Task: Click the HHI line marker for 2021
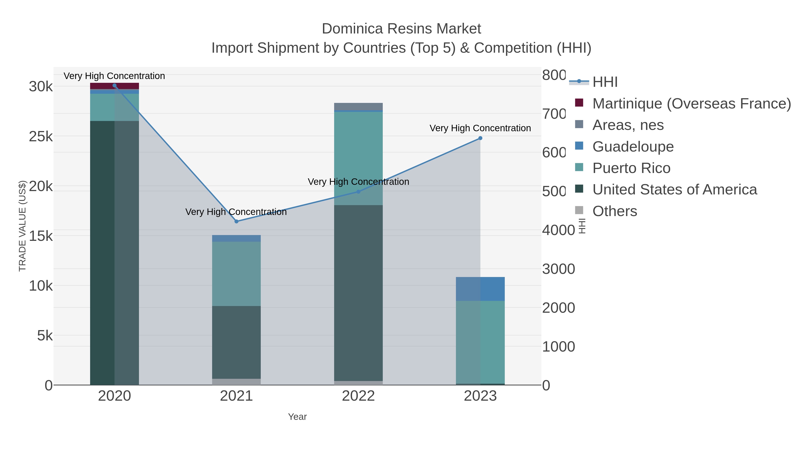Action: point(236,221)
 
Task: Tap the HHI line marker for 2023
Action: point(480,138)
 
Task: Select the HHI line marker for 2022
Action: point(358,192)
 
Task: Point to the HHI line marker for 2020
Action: point(114,85)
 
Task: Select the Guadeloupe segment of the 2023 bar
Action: point(480,289)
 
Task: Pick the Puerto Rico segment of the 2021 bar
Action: point(236,274)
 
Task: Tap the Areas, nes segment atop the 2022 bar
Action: point(358,106)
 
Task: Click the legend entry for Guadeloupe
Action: point(633,147)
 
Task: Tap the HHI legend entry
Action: point(605,82)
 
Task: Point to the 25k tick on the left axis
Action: point(41,137)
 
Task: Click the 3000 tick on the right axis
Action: point(558,269)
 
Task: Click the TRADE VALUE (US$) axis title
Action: point(23,226)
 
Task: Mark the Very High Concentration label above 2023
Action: point(480,128)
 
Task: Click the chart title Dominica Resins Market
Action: point(401,29)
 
